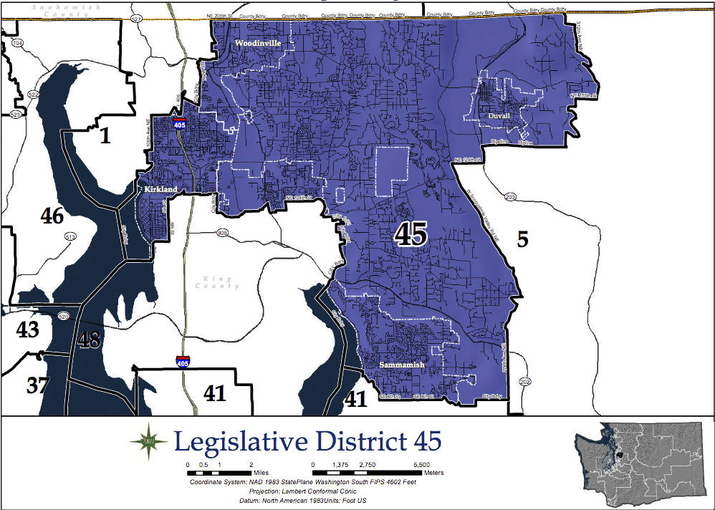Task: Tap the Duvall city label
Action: pyautogui.click(x=499, y=115)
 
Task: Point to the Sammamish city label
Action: pyautogui.click(x=402, y=365)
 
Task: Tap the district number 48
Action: pyautogui.click(x=89, y=340)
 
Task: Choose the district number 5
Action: pyautogui.click(x=523, y=239)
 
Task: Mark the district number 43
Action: pyautogui.click(x=27, y=329)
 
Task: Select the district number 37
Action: pyautogui.click(x=38, y=385)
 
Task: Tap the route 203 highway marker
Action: pyautogui.click(x=510, y=197)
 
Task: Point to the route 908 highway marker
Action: pyautogui.click(x=223, y=232)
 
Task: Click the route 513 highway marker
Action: pyautogui.click(x=70, y=236)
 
